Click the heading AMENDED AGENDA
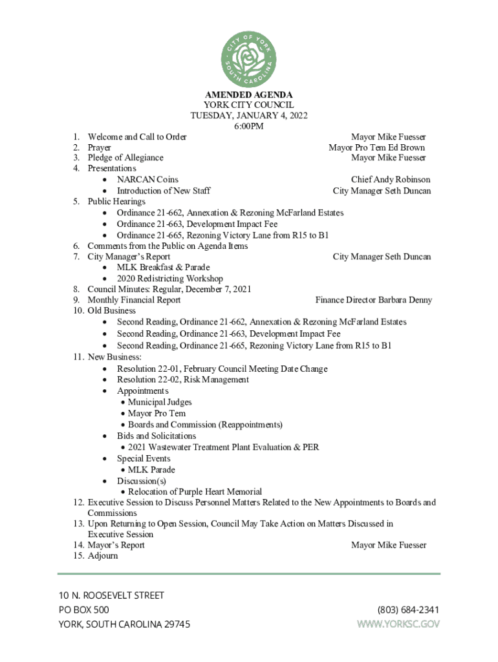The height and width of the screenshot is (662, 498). click(249, 94)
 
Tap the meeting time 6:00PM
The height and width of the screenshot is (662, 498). click(249, 126)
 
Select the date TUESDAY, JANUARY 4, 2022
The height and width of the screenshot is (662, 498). click(249, 116)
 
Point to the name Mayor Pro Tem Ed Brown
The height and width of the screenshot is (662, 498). click(376, 147)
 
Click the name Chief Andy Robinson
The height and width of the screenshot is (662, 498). click(391, 179)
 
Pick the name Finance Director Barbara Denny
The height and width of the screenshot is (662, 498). click(373, 300)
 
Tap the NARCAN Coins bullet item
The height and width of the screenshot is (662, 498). click(147, 179)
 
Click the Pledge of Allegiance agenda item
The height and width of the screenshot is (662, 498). click(125, 158)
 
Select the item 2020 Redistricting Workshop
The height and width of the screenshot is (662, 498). click(169, 279)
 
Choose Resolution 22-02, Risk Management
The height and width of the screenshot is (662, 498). click(182, 379)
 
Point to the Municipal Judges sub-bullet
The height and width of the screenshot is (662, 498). click(160, 402)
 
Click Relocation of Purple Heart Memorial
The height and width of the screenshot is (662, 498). click(195, 492)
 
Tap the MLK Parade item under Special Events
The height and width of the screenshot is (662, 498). click(151, 470)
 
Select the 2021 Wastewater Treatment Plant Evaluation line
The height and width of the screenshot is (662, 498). click(223, 447)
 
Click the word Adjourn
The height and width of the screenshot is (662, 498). click(103, 556)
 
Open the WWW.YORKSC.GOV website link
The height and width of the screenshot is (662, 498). click(398, 624)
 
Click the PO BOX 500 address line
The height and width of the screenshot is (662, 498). click(84, 610)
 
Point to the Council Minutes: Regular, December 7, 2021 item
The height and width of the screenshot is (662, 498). click(169, 289)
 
